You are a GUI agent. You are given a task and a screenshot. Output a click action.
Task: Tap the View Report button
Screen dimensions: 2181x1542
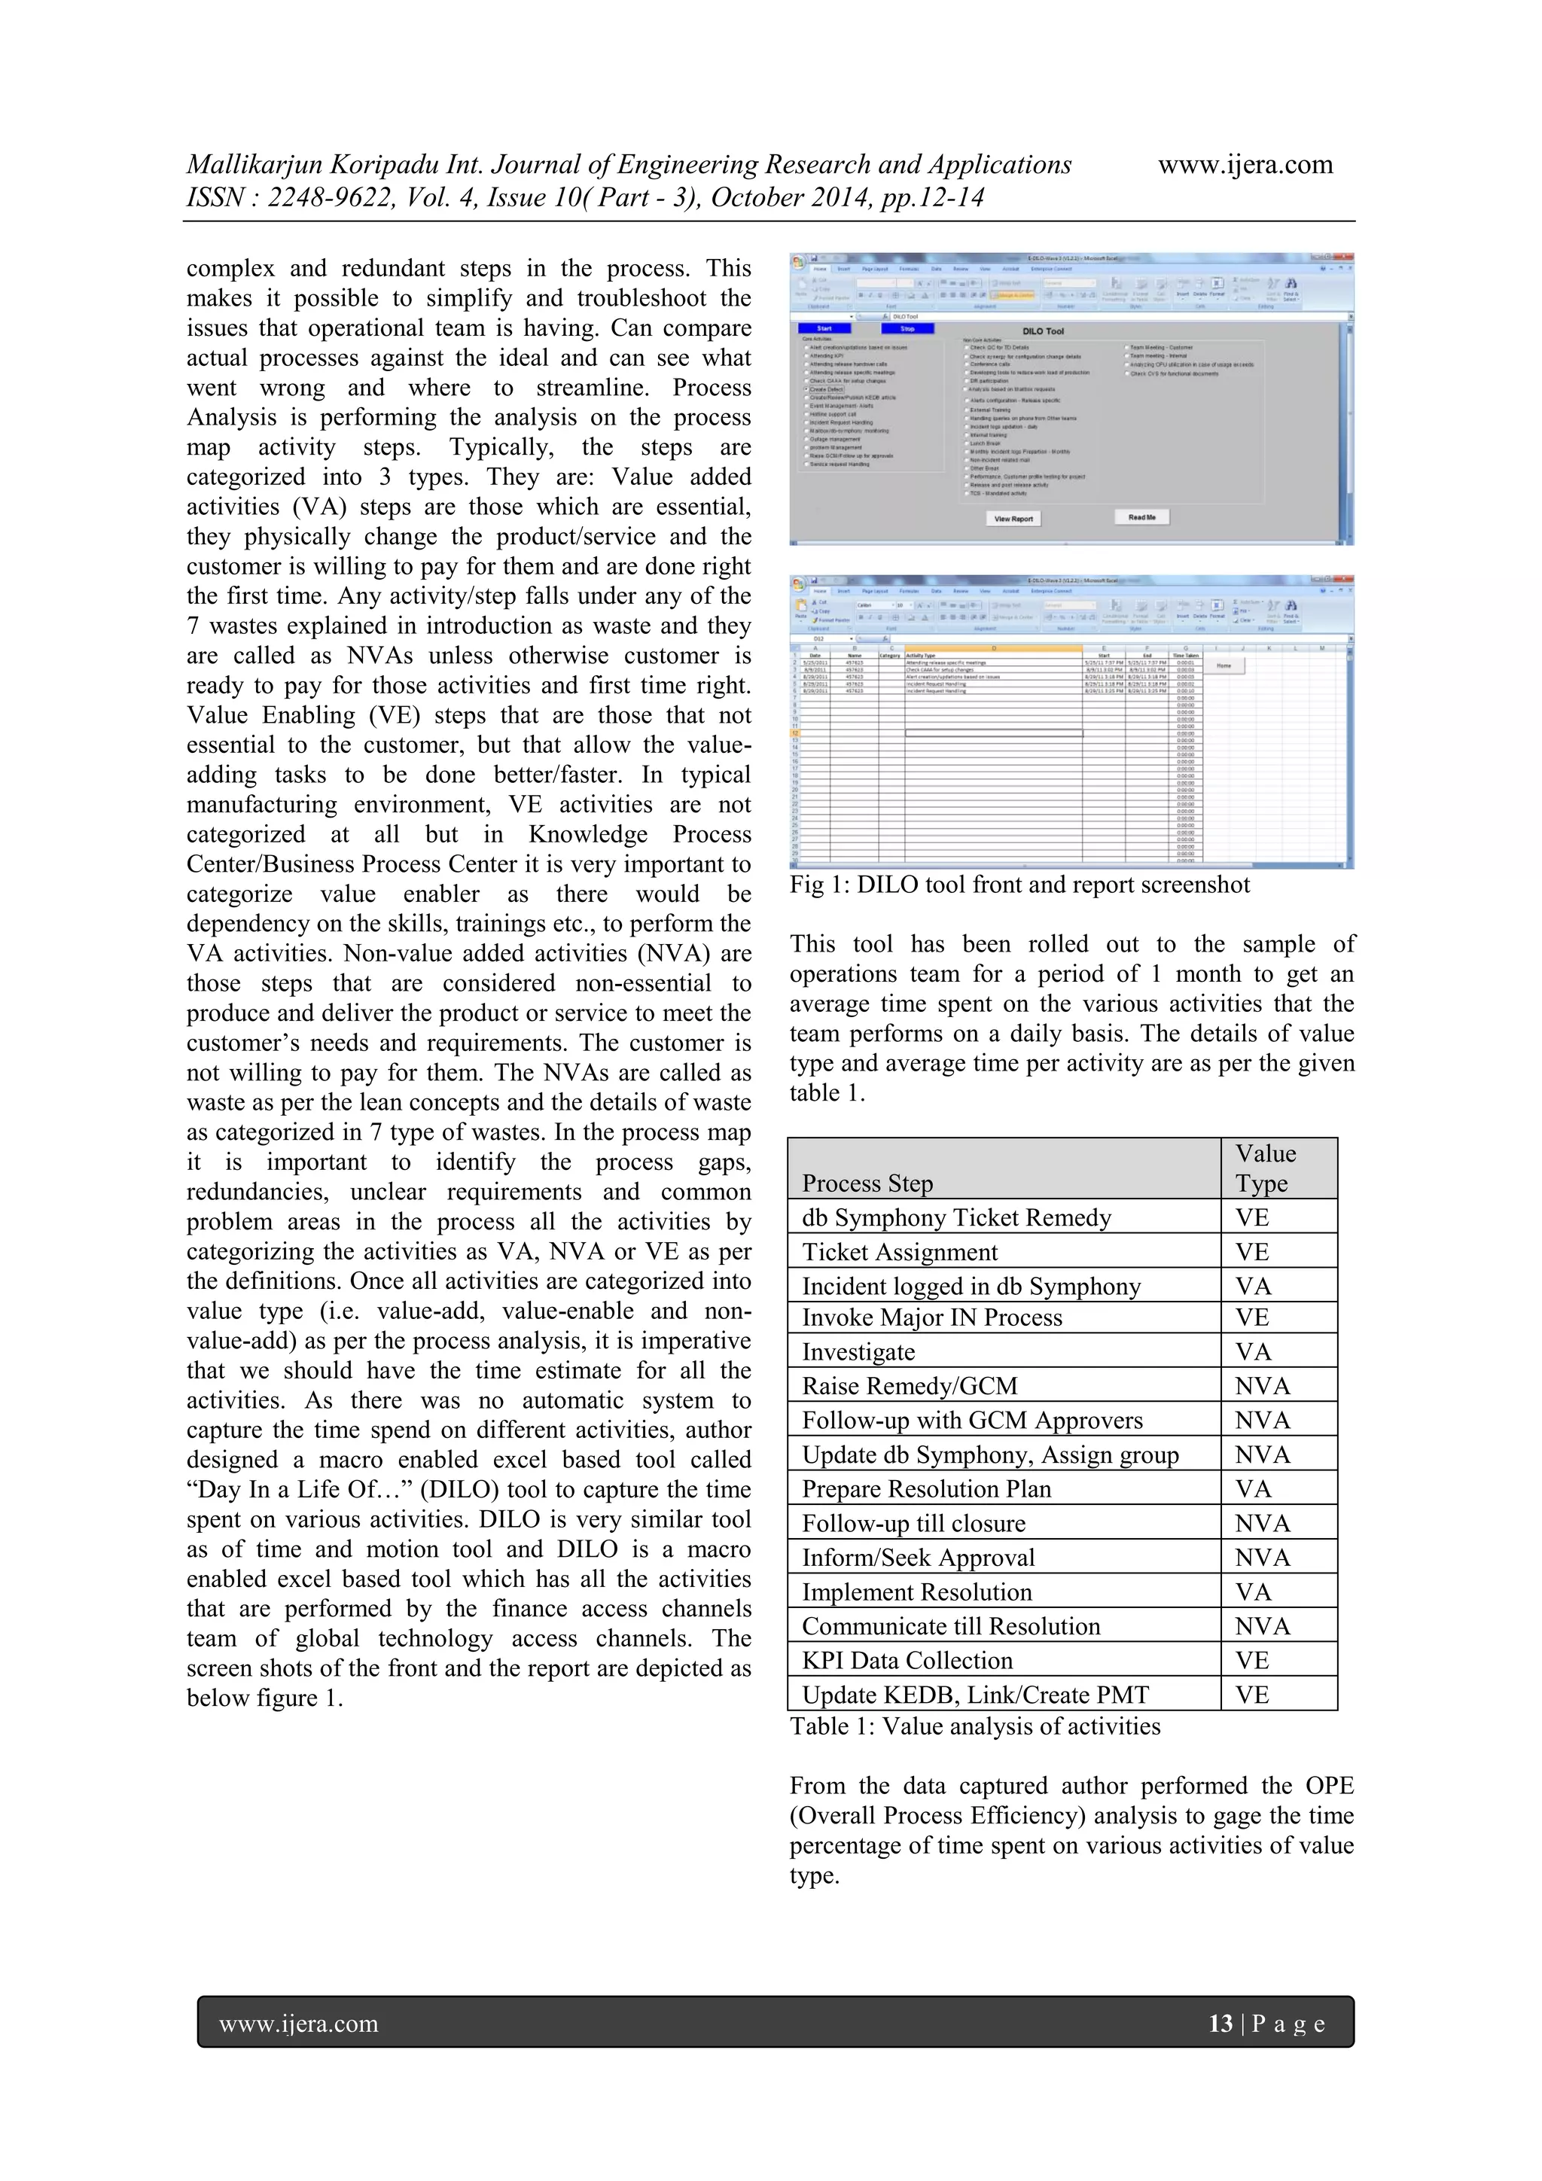click(1013, 519)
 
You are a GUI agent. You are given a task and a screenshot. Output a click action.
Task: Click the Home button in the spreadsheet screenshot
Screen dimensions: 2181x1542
click(1224, 666)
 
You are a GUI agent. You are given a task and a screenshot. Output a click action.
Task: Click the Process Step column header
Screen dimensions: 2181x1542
click(867, 1183)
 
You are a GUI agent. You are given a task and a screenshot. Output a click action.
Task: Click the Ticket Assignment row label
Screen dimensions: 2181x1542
click(899, 1252)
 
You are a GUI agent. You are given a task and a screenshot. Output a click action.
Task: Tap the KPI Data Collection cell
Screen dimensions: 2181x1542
click(907, 1661)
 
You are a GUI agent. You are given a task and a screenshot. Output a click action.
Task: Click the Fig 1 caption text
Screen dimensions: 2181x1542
click(1019, 885)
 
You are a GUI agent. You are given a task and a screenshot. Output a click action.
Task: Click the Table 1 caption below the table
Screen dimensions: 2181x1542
click(975, 1726)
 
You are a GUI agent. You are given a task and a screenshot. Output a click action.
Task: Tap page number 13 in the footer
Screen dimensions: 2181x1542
click(1220, 2024)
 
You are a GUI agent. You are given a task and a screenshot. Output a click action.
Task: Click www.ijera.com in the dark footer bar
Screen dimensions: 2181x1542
click(298, 2024)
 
